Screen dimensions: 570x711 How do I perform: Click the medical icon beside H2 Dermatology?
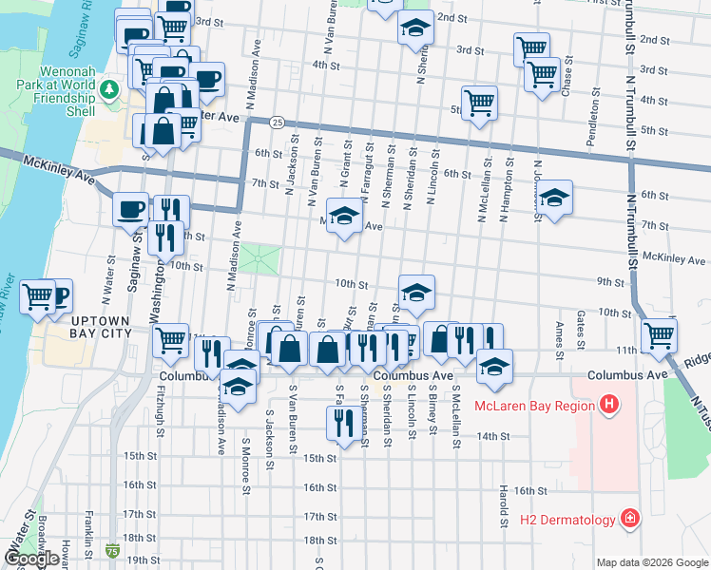tap(629, 519)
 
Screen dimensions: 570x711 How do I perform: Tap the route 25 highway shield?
tap(276, 122)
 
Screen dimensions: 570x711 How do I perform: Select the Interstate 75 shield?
tap(113, 550)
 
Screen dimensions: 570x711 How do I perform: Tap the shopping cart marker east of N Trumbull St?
tap(658, 333)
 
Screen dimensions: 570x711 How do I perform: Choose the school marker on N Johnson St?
tap(555, 197)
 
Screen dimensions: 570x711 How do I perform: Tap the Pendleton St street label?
tap(595, 122)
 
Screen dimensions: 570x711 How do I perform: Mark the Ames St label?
tap(559, 332)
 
